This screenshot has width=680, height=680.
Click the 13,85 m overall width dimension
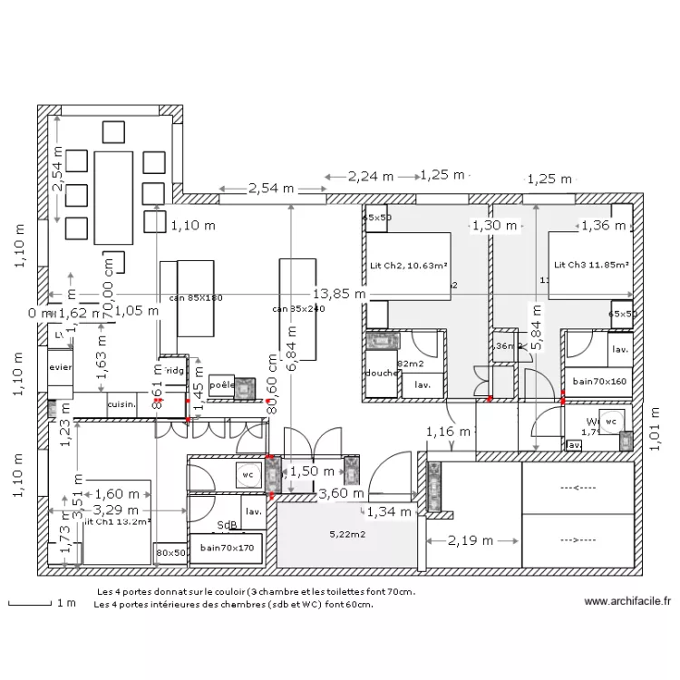pos(339,294)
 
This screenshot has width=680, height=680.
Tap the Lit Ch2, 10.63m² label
pos(408,266)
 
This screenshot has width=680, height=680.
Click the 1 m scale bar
pos(32,603)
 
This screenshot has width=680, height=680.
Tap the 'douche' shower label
pos(381,373)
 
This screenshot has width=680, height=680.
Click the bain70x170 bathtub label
pos(227,548)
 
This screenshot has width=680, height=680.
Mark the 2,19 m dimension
pos(471,541)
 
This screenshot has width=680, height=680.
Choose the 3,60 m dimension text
pos(341,493)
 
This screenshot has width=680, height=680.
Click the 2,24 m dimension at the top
pos(371,175)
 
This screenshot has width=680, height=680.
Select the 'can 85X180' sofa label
pos(195,297)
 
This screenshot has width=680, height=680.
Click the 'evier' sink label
pos(61,369)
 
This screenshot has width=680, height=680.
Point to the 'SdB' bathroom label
pos(227,525)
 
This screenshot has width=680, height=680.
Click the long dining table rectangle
pos(112,197)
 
